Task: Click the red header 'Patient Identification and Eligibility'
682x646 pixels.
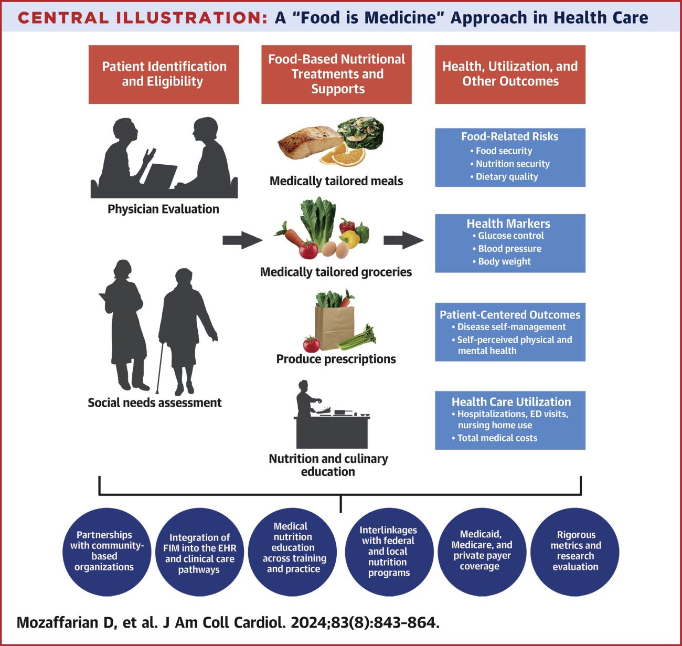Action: tap(164, 74)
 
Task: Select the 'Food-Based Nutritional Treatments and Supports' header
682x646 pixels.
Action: tap(336, 74)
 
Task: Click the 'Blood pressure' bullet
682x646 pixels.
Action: tap(509, 249)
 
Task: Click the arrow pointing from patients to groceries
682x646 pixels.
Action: tap(242, 240)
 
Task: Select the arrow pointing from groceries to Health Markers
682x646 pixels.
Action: tap(403, 240)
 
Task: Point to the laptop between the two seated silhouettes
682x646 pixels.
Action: tap(161, 176)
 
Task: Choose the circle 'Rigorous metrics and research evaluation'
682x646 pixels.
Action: tap(575, 550)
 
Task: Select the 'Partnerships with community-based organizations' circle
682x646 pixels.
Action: tap(104, 550)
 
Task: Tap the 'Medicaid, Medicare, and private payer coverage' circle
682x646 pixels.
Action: tap(481, 550)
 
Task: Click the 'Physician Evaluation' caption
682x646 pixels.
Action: tap(163, 209)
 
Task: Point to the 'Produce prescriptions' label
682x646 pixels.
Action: tap(336, 359)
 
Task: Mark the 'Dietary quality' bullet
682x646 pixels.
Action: tap(506, 177)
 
